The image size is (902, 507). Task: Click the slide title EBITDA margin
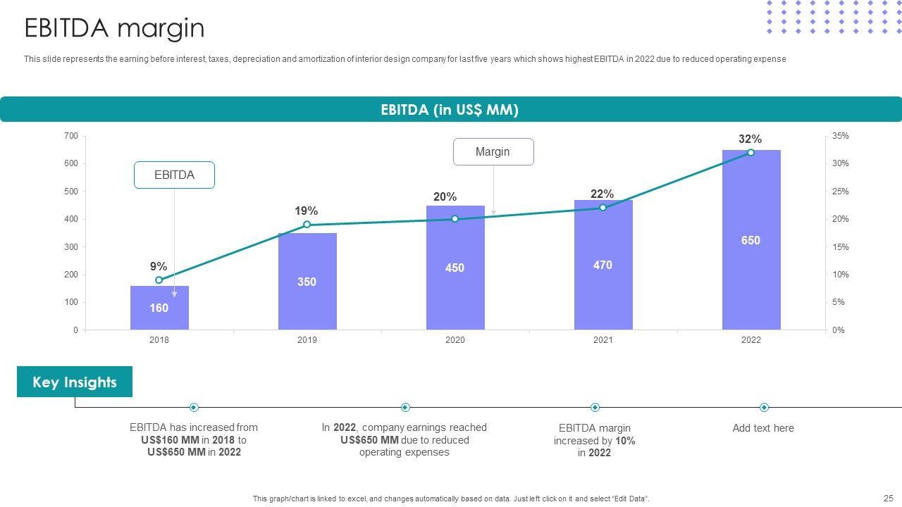tap(114, 29)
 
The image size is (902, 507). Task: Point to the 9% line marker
tap(159, 280)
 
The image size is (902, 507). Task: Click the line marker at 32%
tap(750, 152)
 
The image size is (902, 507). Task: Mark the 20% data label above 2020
tap(445, 197)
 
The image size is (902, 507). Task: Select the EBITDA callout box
tap(174, 175)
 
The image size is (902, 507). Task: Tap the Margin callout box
tap(493, 152)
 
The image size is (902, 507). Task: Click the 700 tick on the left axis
tap(70, 135)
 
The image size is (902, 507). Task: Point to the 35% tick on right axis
tap(840, 136)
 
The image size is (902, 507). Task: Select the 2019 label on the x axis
tap(307, 340)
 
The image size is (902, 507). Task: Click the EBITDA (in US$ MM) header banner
tap(450, 110)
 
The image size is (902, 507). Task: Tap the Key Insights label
tap(75, 382)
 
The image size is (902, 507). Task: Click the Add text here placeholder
tap(763, 428)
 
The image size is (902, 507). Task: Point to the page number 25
tap(887, 498)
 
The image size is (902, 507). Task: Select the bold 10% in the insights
tap(625, 441)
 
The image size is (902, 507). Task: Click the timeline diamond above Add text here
tap(764, 408)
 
